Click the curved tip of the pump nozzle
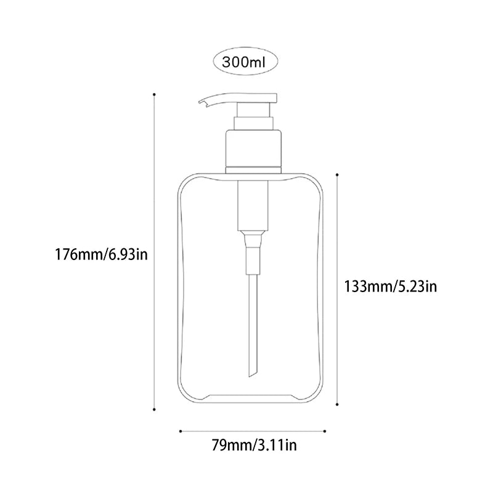tap(202, 104)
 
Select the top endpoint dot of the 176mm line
tap(153, 94)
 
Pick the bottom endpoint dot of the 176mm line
tap(153, 409)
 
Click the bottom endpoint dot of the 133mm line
tap(337, 404)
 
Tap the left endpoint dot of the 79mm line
tap(179, 431)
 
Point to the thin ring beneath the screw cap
tap(254, 169)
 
